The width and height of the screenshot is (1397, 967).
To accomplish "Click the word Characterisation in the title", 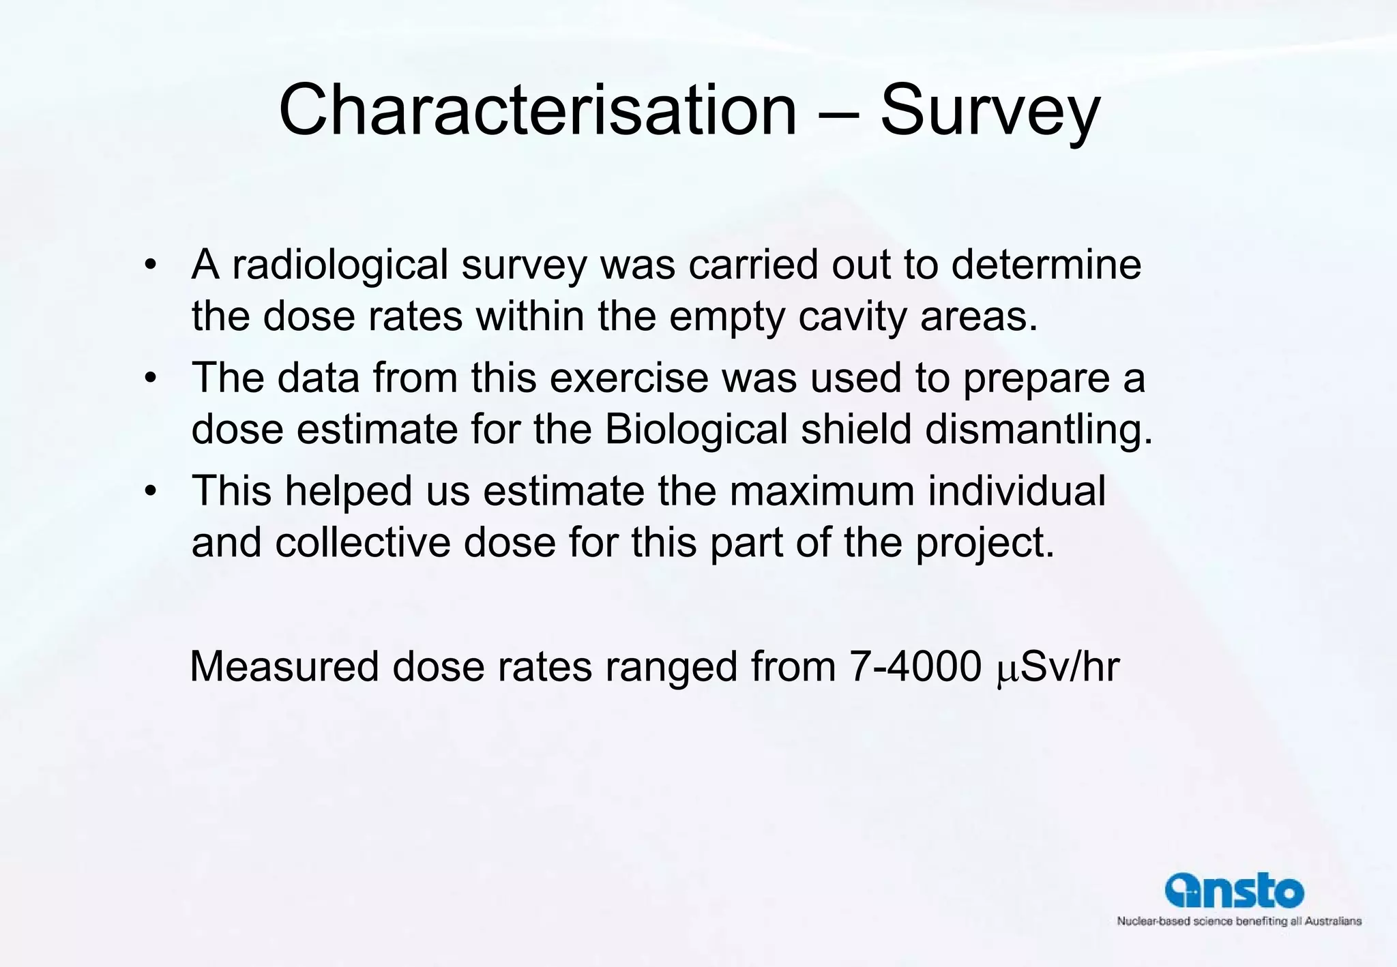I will click(538, 110).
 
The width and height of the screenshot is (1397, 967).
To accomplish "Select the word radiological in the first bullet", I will click(340, 265).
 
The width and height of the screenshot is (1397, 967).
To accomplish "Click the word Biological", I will click(696, 430).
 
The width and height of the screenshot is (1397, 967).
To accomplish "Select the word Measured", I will click(284, 666).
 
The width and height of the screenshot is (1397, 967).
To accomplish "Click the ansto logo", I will click(1234, 891).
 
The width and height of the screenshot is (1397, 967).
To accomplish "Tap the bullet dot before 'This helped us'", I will click(151, 491).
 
